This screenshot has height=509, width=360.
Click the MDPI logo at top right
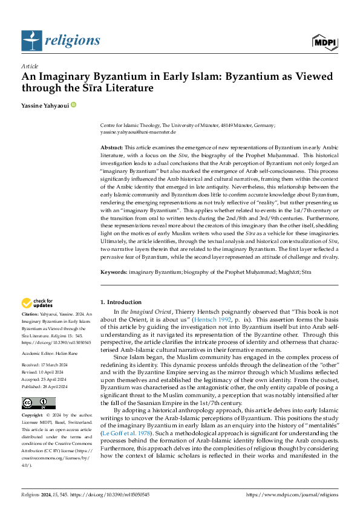[x=324, y=42]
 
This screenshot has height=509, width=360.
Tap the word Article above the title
[x=30, y=65]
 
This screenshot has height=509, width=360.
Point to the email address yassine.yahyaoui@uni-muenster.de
[x=138, y=131]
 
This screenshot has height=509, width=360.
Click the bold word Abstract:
[x=111, y=148]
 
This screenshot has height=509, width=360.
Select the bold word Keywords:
[x=113, y=273]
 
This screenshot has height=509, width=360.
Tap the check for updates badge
[x=38, y=303]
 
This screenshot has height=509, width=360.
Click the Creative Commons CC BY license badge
[x=38, y=403]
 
